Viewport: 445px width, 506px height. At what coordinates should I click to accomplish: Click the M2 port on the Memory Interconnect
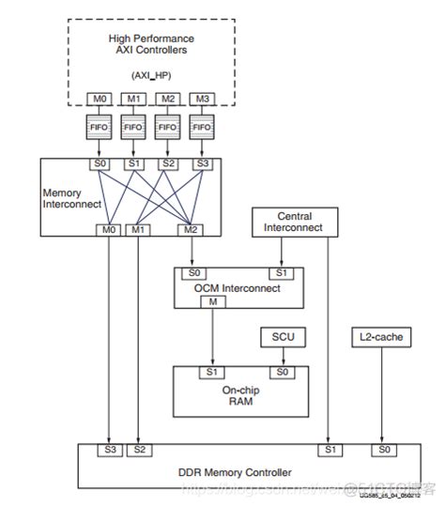(x=192, y=230)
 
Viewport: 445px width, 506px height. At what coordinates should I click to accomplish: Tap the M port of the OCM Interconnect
(x=213, y=302)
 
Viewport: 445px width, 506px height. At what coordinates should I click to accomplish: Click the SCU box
(x=281, y=336)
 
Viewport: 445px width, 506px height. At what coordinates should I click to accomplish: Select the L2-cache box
(x=381, y=336)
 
